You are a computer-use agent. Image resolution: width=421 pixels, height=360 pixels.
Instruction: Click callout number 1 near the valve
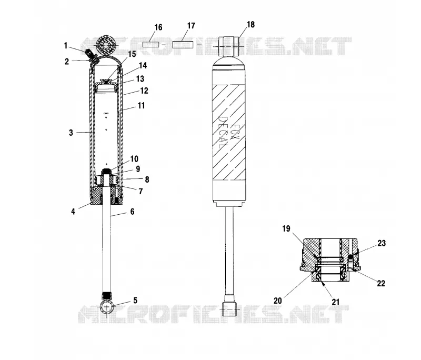65,46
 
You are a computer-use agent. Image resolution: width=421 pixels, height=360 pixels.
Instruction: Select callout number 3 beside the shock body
71,133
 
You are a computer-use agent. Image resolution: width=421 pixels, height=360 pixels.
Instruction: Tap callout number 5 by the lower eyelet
135,301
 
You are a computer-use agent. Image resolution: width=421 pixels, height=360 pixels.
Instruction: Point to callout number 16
158,27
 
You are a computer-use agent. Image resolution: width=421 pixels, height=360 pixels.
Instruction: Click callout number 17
191,26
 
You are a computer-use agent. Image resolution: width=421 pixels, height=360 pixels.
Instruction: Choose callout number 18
250,24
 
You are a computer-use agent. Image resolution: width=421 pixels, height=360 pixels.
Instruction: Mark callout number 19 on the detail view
286,229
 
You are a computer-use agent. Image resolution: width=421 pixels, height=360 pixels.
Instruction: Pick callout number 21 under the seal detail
336,302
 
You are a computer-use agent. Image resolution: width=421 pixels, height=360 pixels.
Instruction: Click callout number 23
382,243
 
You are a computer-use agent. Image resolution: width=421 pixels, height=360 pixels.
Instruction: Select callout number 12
144,91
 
